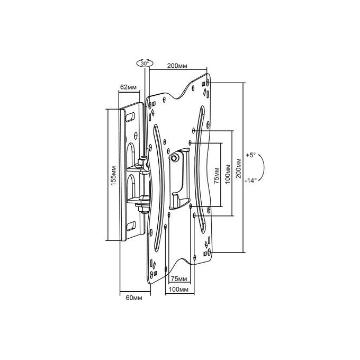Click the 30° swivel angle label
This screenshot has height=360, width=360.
[145, 64]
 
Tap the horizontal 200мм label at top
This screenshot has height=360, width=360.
[177, 66]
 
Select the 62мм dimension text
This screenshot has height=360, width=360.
[128, 87]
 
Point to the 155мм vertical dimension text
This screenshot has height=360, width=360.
[114, 175]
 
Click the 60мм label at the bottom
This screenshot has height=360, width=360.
[134, 298]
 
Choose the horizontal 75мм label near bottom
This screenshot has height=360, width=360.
[179, 279]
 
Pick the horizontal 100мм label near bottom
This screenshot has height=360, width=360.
[178, 290]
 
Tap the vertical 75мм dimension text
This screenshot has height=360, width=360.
[217, 176]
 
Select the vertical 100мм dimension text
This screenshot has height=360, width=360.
[228, 174]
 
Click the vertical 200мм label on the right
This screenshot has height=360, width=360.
[239, 168]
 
